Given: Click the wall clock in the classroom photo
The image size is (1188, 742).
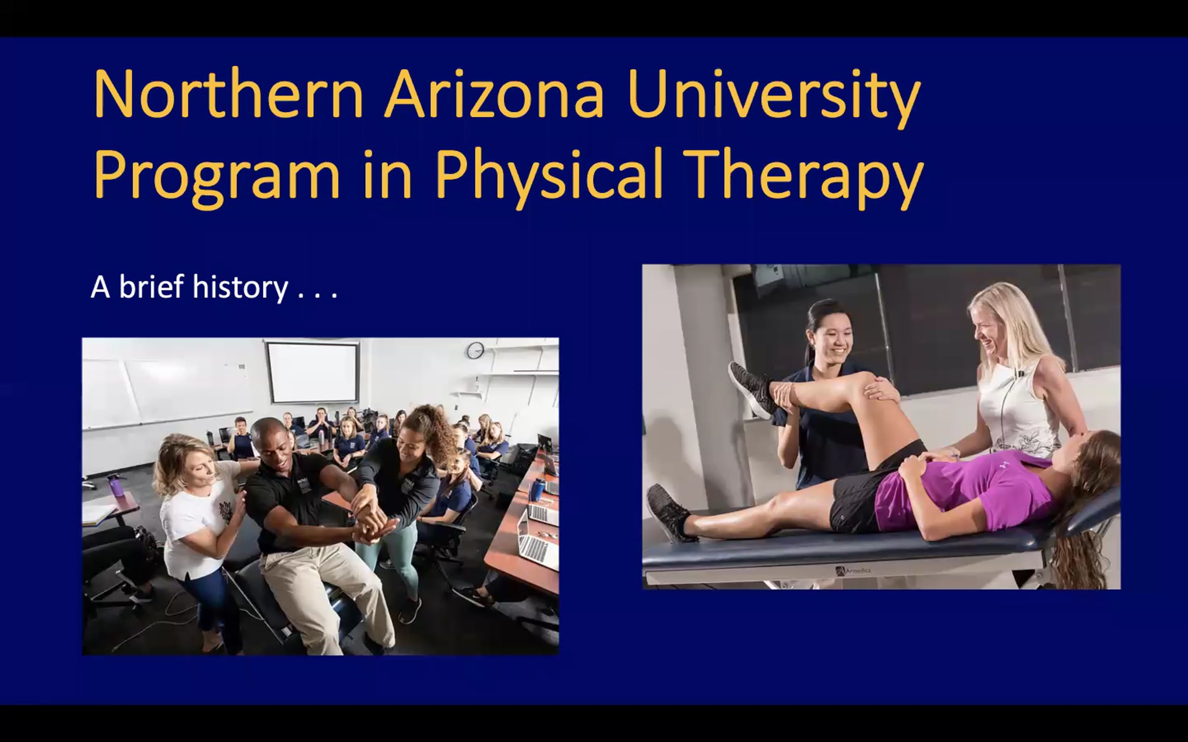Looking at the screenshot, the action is pos(475,350).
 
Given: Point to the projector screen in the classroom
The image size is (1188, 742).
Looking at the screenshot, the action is pos(312,372).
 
